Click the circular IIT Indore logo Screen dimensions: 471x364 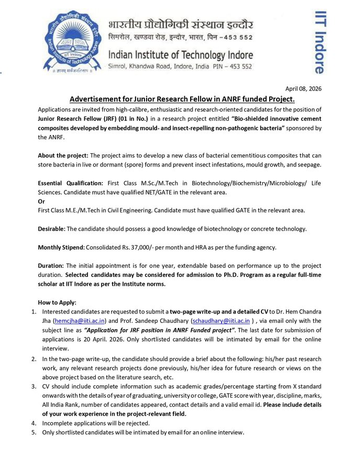[x=72, y=43]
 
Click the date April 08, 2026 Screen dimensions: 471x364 [x=303, y=88]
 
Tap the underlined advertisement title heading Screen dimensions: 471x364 [x=182, y=99]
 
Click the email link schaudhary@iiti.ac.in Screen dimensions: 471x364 [x=221, y=320]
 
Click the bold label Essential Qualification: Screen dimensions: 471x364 [x=70, y=183]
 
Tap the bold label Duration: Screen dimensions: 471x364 [x=51, y=265]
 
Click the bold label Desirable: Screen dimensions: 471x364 [x=51, y=229]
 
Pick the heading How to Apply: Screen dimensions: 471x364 [x=57, y=302]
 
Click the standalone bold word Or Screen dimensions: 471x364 [x=41, y=201]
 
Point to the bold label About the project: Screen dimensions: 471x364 [x=63, y=155]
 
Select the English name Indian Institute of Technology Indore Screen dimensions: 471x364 [x=180, y=55]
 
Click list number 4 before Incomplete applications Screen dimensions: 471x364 [x=33, y=422]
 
